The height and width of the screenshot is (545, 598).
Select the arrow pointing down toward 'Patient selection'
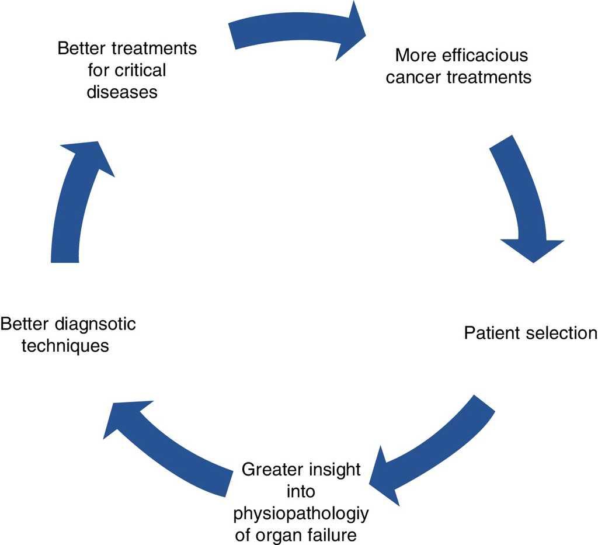pyautogui.click(x=523, y=199)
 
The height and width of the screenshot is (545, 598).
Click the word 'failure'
pyautogui.click(x=337, y=535)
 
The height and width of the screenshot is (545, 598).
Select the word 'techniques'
pyautogui.click(x=65, y=346)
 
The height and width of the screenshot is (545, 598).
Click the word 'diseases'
pyautogui.click(x=122, y=92)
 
